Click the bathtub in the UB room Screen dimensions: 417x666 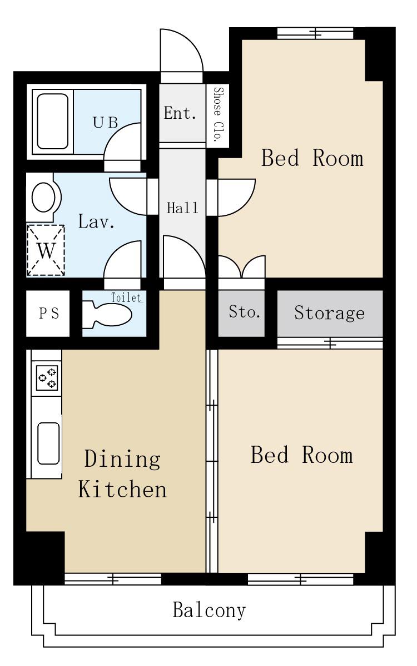click(x=53, y=122)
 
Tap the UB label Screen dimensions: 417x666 click(x=106, y=123)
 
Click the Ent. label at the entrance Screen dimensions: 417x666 click(x=180, y=113)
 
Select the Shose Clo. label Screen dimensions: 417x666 click(x=219, y=114)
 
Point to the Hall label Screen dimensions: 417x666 click(x=182, y=208)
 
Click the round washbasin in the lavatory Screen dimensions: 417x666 click(x=43, y=197)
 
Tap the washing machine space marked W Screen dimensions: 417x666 click(x=46, y=250)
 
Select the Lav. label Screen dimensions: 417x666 click(x=96, y=221)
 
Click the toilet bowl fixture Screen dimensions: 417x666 click(x=107, y=315)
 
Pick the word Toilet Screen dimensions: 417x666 click(x=127, y=297)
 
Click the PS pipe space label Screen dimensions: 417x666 click(x=49, y=314)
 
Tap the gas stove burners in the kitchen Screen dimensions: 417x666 click(x=47, y=378)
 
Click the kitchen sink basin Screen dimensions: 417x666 click(x=48, y=443)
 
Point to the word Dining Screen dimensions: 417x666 click(x=122, y=460)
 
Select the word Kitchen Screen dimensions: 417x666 click(x=122, y=490)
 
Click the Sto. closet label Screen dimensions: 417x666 click(x=244, y=312)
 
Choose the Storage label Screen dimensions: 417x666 click(x=329, y=313)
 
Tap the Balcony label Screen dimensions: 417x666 click(x=209, y=610)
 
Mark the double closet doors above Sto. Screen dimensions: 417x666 click(x=242, y=267)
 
